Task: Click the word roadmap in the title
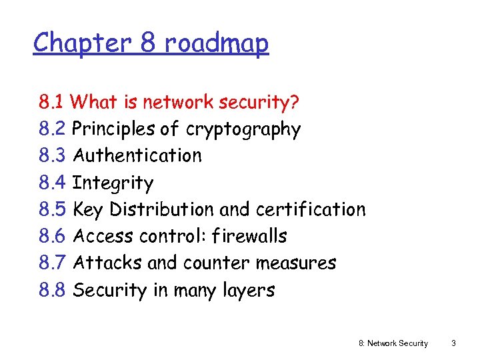tap(217, 44)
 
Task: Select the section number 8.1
tap(51, 103)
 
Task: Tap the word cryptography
tap(243, 129)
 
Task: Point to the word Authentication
tap(137, 156)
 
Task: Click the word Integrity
tap(113, 183)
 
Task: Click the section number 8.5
tap(52, 209)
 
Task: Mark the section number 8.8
tap(52, 290)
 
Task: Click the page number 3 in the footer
tap(453, 343)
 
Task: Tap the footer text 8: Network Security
tap(393, 343)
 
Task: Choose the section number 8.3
tap(52, 156)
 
